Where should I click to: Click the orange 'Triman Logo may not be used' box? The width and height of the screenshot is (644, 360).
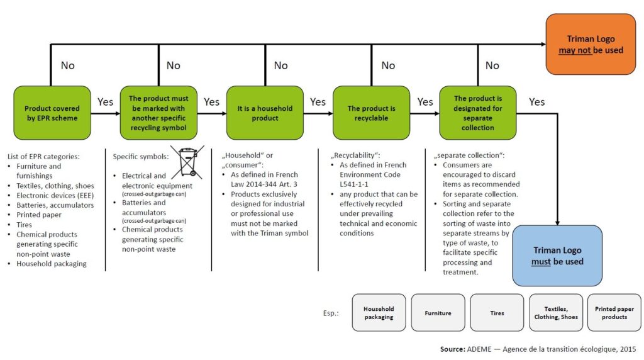591,44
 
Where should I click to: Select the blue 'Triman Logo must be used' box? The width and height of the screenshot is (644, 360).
558,256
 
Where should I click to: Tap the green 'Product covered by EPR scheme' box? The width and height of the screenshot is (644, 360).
52,113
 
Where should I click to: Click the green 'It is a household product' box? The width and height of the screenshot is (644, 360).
265,113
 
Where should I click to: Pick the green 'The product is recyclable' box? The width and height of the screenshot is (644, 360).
371,113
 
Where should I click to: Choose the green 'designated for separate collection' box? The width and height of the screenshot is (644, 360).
477,113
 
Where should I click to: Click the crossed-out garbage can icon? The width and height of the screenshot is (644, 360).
188,161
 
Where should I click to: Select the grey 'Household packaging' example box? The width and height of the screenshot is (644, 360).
379,313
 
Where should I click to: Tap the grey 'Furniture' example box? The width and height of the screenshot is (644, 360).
438,313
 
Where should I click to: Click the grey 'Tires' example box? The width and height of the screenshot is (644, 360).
497,313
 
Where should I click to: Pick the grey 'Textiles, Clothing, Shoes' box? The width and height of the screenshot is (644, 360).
555,313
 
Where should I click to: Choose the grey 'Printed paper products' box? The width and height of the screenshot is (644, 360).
614,313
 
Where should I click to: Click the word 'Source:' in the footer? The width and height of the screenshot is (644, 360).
452,349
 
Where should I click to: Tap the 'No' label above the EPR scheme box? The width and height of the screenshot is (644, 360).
67,65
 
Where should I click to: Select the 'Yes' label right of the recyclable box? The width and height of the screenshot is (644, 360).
425,102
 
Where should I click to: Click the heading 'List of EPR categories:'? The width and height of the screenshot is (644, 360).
43,156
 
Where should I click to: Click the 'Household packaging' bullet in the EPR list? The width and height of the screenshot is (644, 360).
52,264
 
